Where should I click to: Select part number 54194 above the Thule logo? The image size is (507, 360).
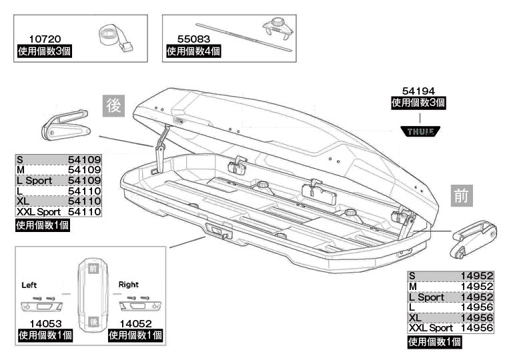[418, 91]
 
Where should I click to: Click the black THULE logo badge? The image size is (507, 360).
[418, 131]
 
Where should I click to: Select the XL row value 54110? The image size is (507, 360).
[84, 201]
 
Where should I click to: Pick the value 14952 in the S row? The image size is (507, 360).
[476, 275]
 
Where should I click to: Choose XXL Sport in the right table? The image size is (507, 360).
[430, 327]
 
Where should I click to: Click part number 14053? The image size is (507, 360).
[43, 323]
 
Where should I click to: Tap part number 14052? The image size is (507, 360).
[133, 323]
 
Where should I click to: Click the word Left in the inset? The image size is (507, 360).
[29, 285]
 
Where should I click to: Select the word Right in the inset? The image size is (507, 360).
[128, 285]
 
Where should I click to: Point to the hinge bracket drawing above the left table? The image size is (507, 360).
[65, 125]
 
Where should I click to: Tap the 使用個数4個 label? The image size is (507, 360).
[193, 51]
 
